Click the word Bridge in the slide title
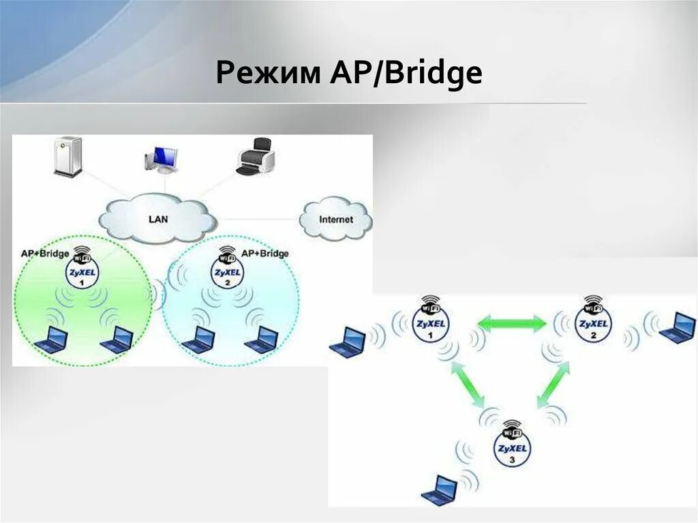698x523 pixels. pos(433,74)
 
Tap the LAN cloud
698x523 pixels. pos(158,218)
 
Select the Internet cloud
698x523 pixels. pos(336,220)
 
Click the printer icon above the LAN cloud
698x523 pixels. pos(256,158)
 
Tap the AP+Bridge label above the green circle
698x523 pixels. pos(45,254)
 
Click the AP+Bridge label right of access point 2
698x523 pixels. pos(265,253)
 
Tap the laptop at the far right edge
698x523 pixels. pos(678,327)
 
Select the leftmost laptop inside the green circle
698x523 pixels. pos(52,339)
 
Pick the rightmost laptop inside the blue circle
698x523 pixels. pos(262,339)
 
